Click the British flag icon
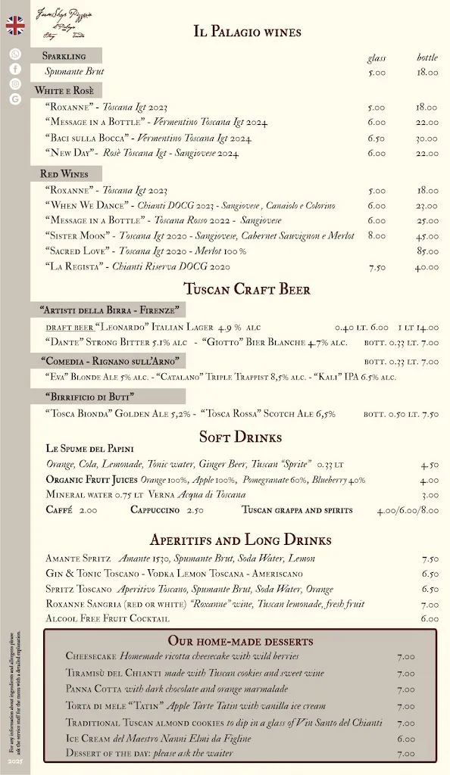[x=15, y=26]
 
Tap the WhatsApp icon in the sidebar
[x=15, y=54]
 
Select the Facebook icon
[x=15, y=69]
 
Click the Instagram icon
[x=15, y=84]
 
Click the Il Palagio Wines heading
[x=247, y=32]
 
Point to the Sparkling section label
[x=64, y=56]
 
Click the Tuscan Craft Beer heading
[x=247, y=289]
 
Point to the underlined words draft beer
[x=69, y=328]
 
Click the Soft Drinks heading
[x=240, y=437]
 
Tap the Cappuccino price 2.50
[x=195, y=510]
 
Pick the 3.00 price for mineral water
[x=430, y=495]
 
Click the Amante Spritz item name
[x=78, y=558]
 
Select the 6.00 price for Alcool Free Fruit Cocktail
[x=430, y=618]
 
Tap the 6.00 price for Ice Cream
[x=406, y=739]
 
